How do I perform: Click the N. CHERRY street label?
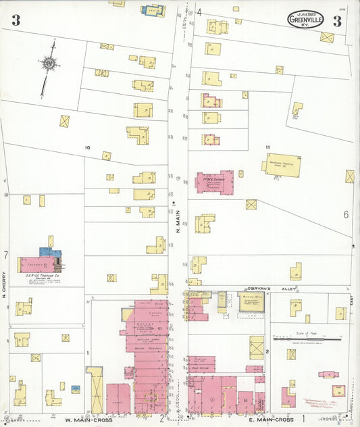click(x=4, y=284)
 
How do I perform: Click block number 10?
click(x=87, y=147)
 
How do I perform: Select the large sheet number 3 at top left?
click(x=16, y=20)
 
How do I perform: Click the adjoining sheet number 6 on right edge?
click(x=345, y=215)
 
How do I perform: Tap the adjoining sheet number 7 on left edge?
click(x=5, y=255)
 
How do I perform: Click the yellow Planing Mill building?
click(x=253, y=303)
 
